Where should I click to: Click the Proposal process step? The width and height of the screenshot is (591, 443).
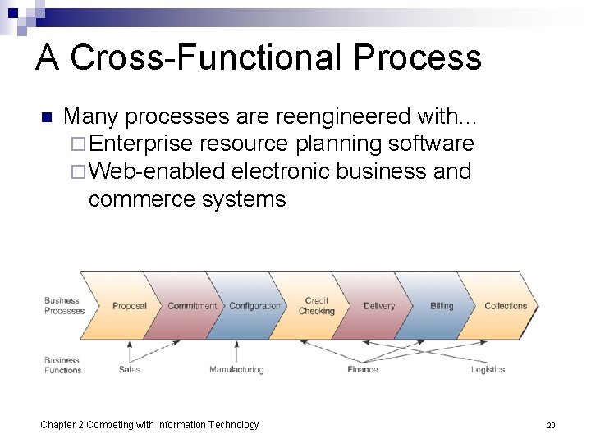129,306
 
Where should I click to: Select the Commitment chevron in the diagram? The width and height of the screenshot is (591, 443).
192,306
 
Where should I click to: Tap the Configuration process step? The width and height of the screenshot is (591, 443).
254,306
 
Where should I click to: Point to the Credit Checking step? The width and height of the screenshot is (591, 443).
317,306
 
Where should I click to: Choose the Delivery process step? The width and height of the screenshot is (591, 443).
379,306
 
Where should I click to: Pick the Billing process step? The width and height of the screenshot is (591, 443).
442,306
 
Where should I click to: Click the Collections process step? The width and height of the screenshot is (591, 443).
506,306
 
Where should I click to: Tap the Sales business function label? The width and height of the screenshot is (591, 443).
130,369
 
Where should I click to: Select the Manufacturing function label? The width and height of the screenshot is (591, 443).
236,369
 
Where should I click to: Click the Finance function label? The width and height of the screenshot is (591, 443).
362,369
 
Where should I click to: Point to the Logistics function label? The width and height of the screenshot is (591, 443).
488,369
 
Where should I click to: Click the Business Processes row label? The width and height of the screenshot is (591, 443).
64,306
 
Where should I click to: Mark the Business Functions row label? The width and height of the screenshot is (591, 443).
62,365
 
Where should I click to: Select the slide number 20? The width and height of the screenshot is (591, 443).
551,425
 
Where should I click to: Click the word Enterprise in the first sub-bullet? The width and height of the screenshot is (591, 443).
140,144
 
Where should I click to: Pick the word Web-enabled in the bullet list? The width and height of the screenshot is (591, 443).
157,171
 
